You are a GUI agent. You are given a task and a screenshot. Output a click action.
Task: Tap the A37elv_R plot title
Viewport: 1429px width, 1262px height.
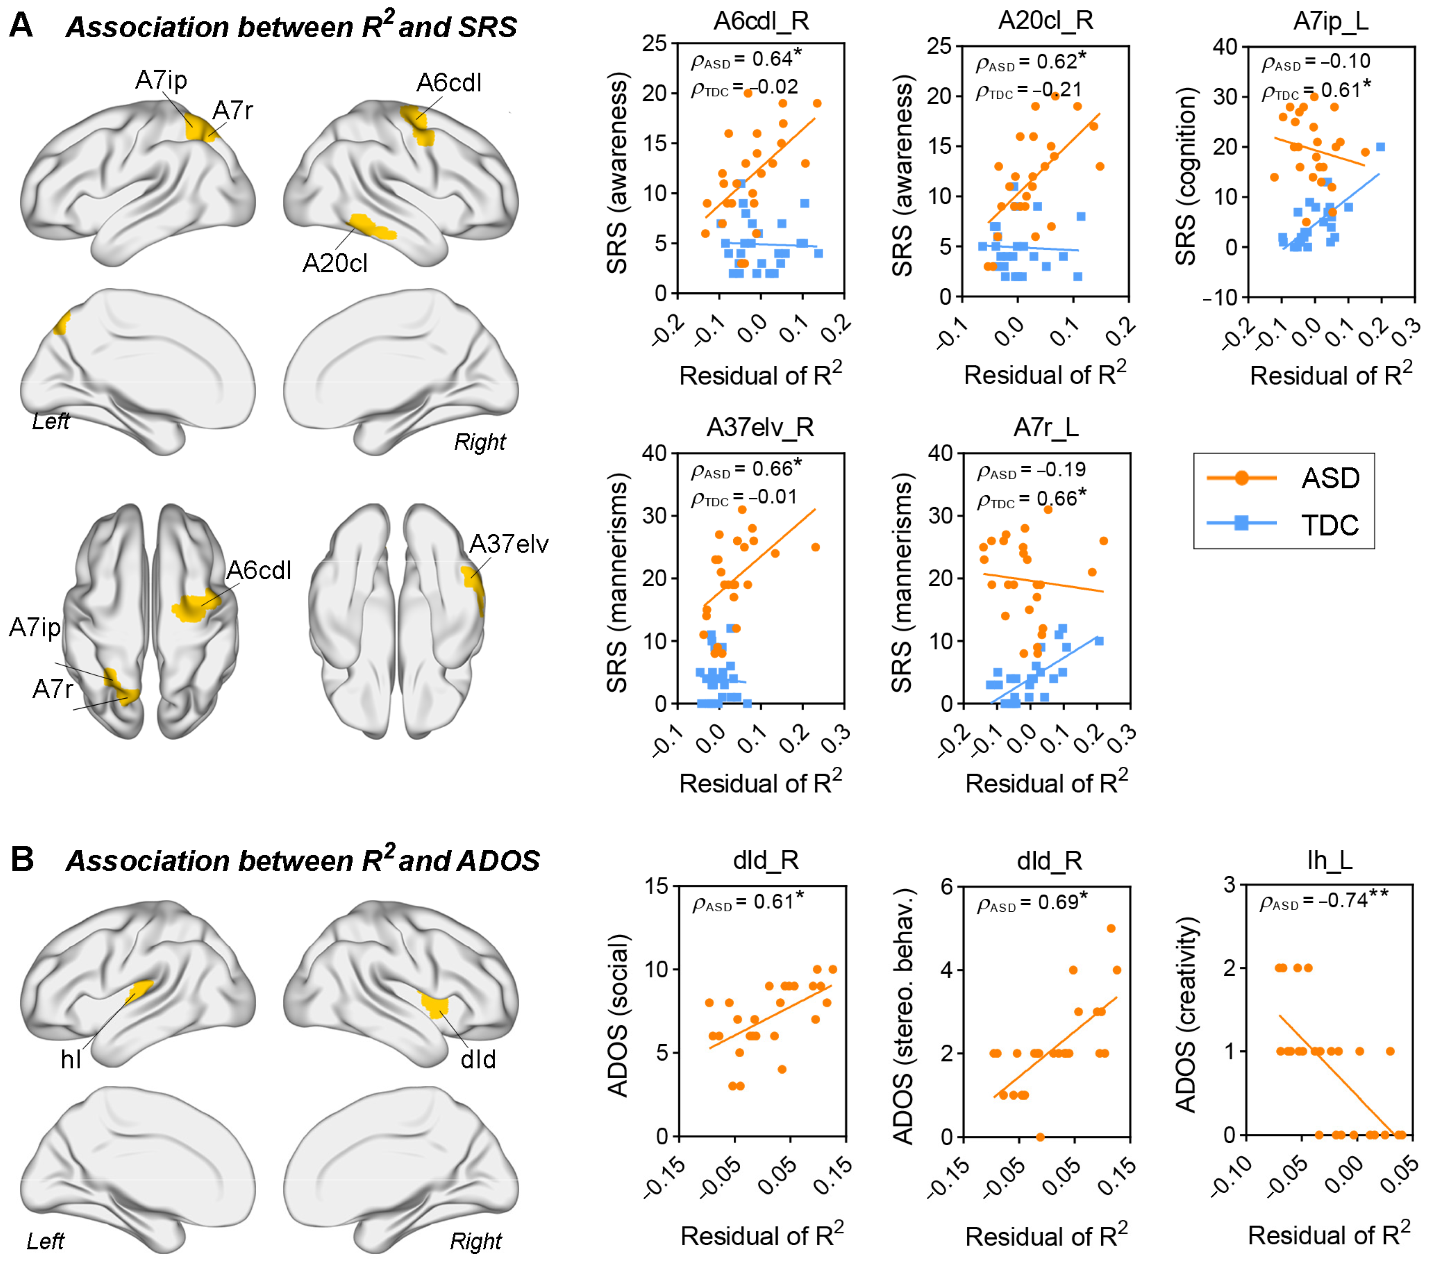761,427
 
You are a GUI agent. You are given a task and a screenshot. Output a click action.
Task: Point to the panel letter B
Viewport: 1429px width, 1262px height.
22,859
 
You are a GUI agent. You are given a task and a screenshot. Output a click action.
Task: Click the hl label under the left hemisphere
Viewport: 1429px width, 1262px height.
71,1059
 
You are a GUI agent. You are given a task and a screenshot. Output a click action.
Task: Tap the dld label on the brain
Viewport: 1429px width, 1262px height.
478,1059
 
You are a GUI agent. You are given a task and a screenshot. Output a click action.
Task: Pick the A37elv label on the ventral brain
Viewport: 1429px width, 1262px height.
509,544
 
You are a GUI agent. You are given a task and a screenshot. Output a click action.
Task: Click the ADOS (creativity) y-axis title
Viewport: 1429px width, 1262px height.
1186,1014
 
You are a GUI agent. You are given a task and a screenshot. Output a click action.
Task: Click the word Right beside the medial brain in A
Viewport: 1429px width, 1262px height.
480,442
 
